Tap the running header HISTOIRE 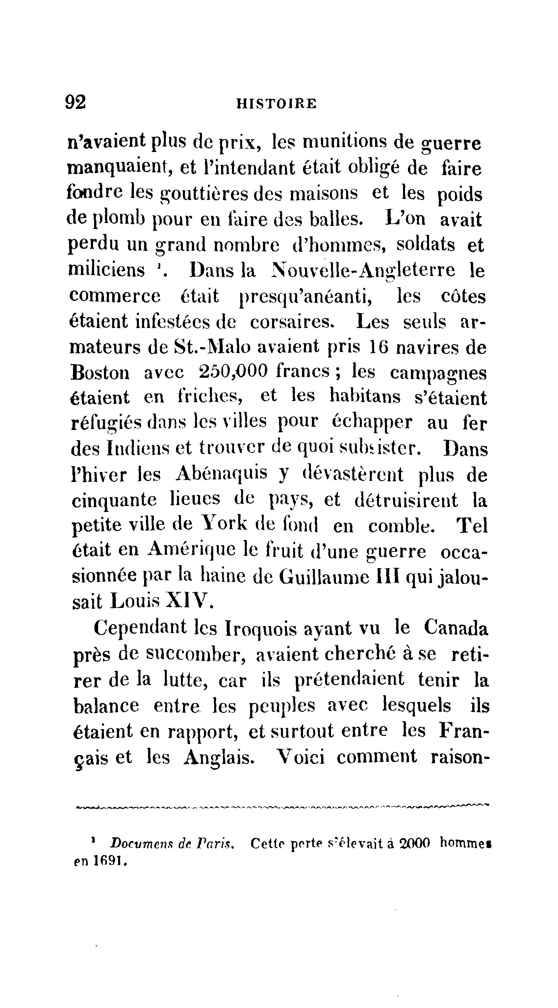click(x=277, y=104)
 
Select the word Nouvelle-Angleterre click(x=364, y=270)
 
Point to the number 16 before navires click(x=379, y=347)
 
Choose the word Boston click(x=100, y=372)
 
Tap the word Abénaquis click(x=221, y=474)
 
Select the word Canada click(x=456, y=628)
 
